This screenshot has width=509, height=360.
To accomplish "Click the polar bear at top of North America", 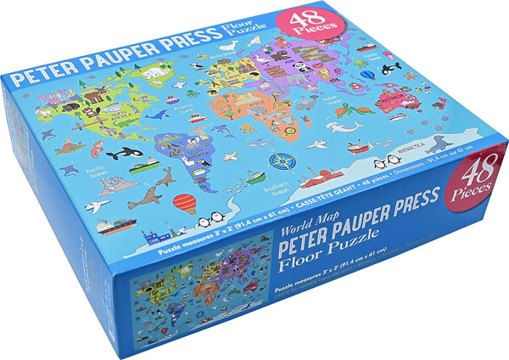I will (155, 75).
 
